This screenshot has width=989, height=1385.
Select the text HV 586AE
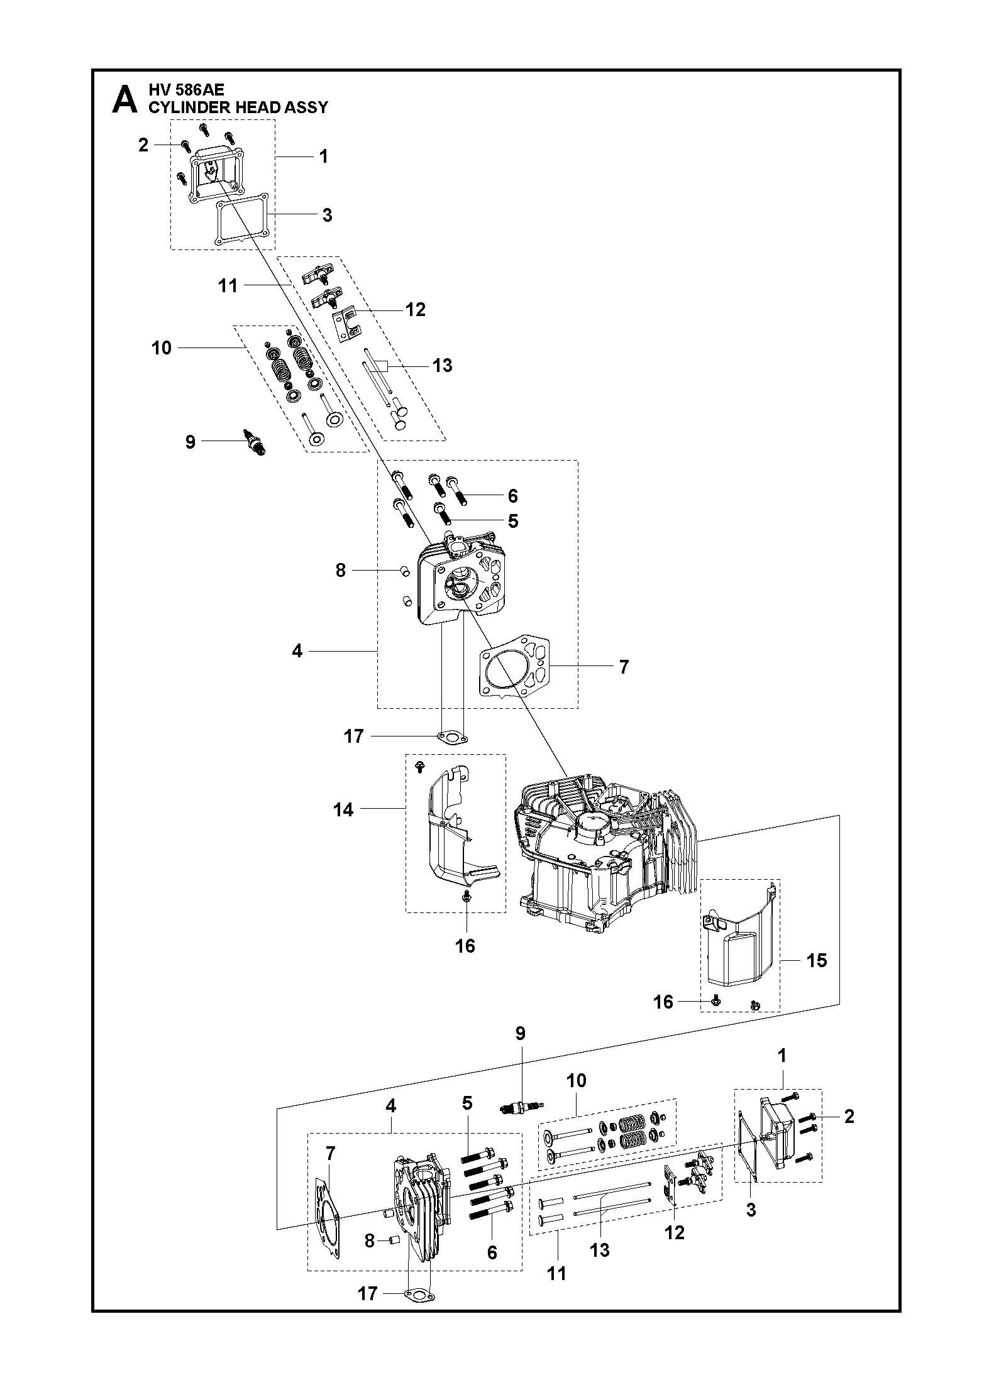coord(186,90)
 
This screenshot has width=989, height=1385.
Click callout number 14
coord(343,810)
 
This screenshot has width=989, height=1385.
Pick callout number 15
coord(817,960)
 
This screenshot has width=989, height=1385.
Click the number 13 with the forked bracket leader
coord(443,365)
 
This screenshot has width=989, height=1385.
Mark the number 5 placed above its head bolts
coord(467,1102)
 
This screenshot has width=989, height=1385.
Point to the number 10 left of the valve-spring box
coord(162,348)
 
